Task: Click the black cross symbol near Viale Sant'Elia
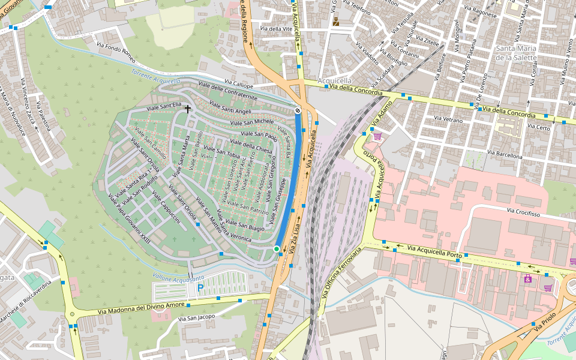click(x=188, y=109)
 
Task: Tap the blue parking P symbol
click(x=200, y=289)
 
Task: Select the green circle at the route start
click(x=277, y=248)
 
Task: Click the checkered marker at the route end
click(x=298, y=110)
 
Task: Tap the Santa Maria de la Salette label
click(x=520, y=53)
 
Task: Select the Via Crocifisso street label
click(x=524, y=212)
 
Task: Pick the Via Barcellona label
click(x=505, y=155)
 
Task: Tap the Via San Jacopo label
click(x=197, y=317)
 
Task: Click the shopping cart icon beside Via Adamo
click(x=377, y=136)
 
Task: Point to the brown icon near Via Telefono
click(x=336, y=22)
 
